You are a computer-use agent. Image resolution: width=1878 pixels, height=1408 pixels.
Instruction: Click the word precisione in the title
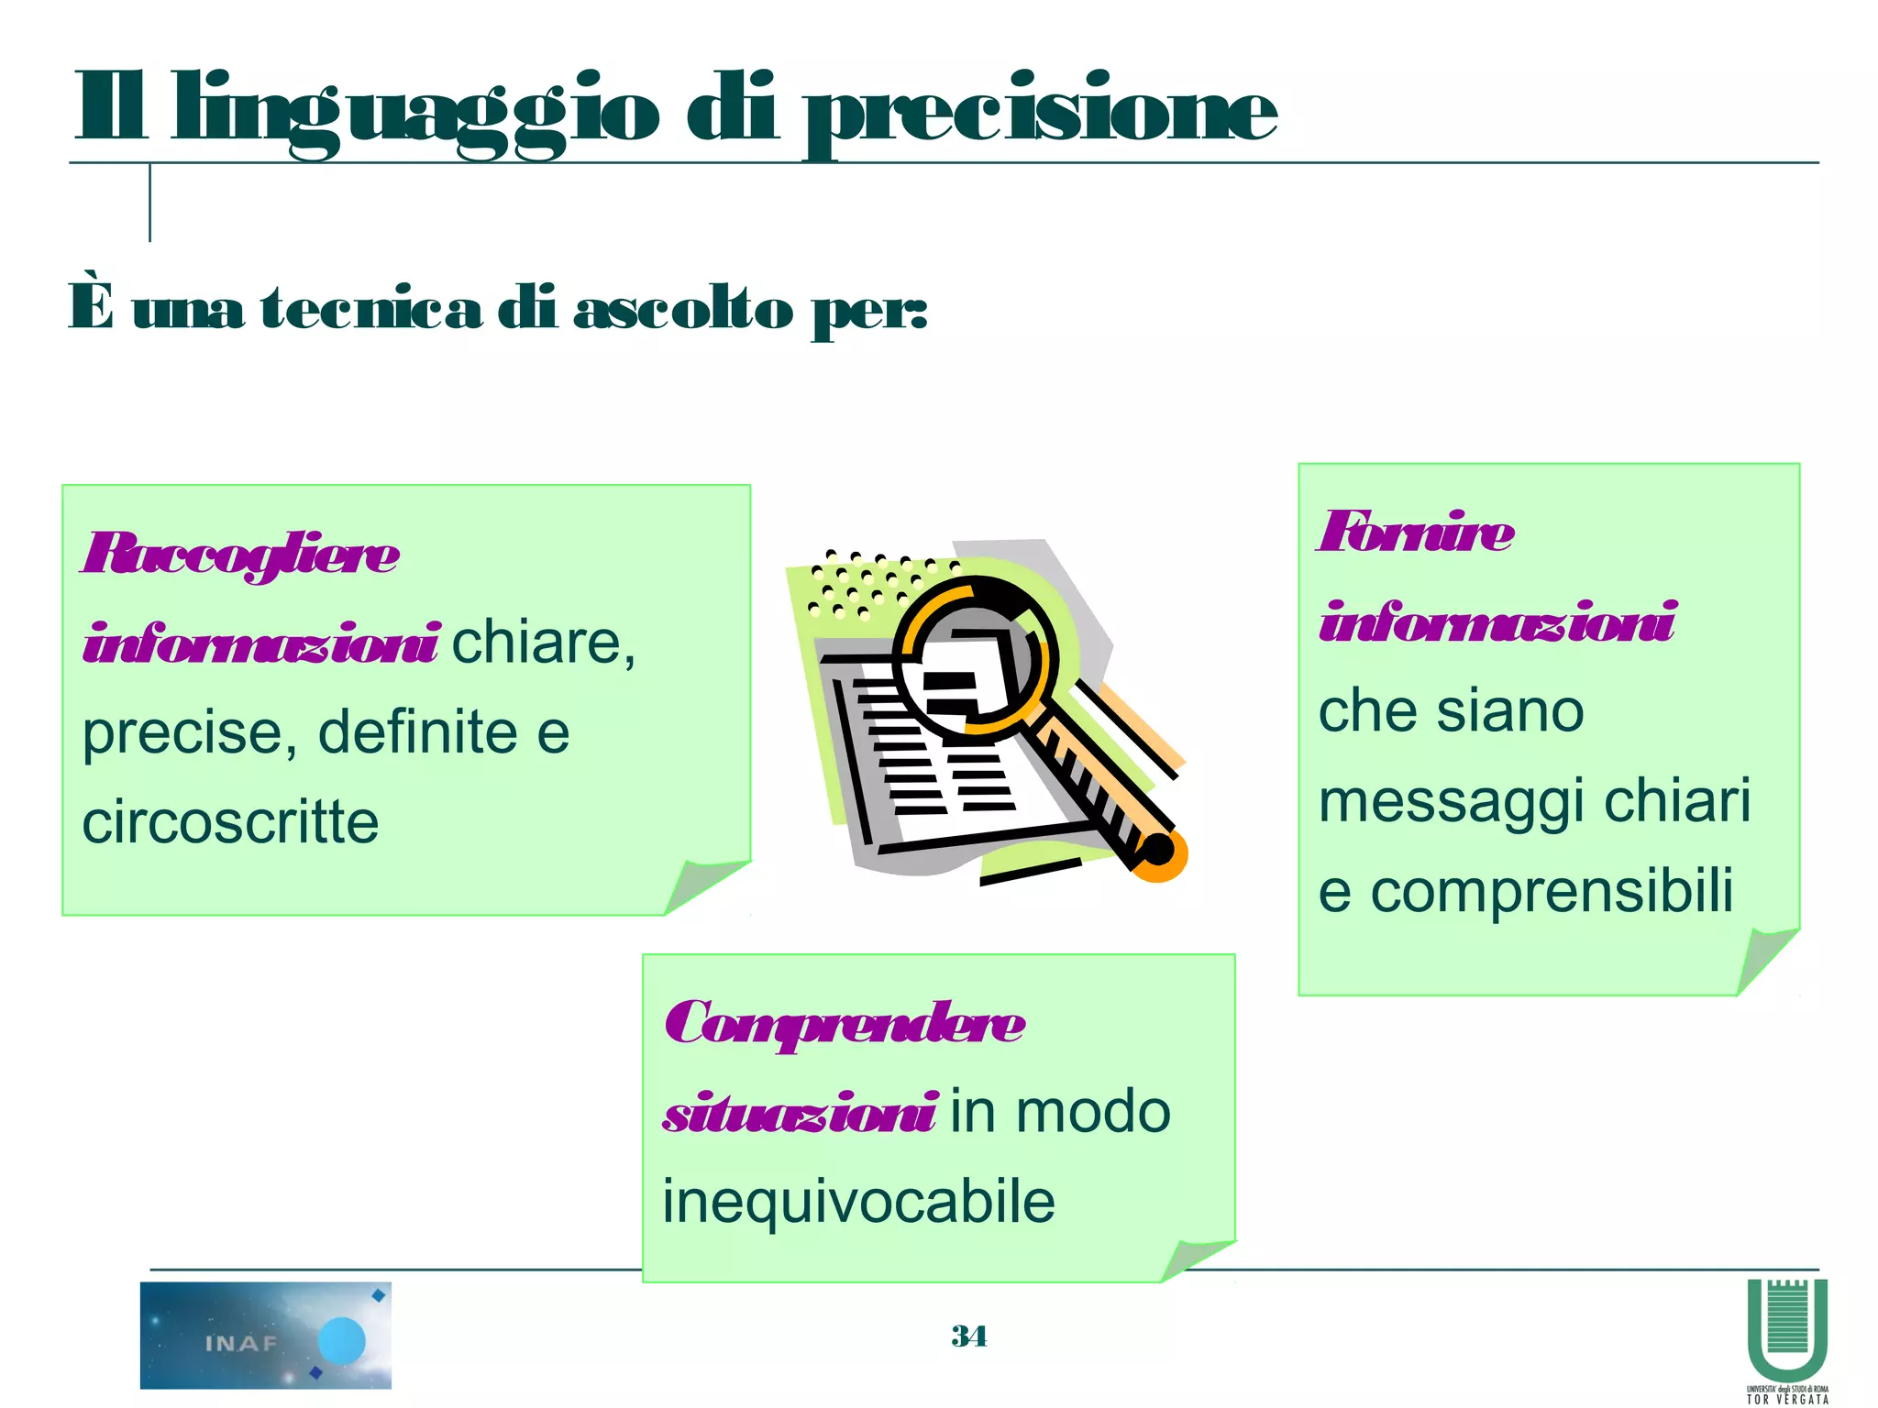pos(1041,115)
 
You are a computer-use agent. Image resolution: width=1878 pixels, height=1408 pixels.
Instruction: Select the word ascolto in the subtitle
pos(682,309)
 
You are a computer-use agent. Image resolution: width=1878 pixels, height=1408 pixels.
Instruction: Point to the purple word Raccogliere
pos(240,555)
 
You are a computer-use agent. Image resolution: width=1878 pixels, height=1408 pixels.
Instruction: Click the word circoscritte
pos(230,821)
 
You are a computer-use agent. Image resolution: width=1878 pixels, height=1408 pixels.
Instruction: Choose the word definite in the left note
pos(417,731)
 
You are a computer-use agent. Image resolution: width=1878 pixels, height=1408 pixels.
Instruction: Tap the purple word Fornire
pos(1416,533)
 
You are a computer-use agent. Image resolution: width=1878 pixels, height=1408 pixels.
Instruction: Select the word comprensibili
pos(1552,891)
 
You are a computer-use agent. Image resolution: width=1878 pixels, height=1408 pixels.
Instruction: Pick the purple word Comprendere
pos(844,1024)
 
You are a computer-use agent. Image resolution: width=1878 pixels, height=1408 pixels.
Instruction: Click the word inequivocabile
pos(858,1202)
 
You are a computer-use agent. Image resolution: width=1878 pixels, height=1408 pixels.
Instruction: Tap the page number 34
pos(968,1336)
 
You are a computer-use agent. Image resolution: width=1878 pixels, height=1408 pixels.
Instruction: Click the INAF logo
pos(265,1335)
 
